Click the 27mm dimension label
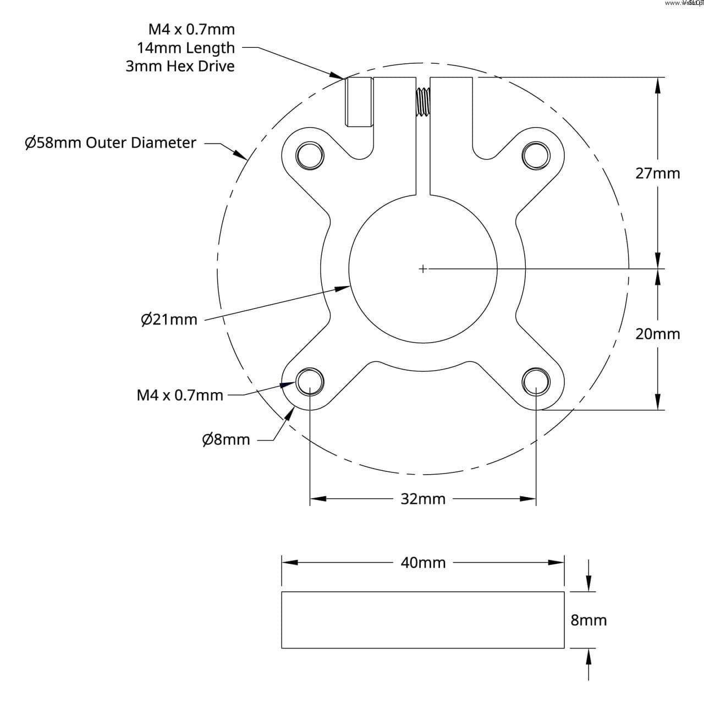click(x=657, y=173)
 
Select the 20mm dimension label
click(x=657, y=334)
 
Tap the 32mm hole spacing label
click(x=423, y=499)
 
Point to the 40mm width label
click(x=423, y=563)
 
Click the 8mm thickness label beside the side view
click(x=588, y=620)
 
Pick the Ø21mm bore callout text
click(x=169, y=319)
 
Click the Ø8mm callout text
click(x=226, y=439)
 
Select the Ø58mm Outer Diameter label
click(x=111, y=142)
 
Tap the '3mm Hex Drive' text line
click(x=180, y=66)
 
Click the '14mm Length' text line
click(x=185, y=48)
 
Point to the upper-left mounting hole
click(x=309, y=155)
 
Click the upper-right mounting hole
click(x=536, y=155)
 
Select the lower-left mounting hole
click(x=309, y=381)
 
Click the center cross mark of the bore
click(x=422, y=269)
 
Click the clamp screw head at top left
click(x=359, y=102)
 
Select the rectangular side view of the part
click(x=423, y=620)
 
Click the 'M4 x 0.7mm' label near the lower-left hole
click(x=180, y=395)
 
